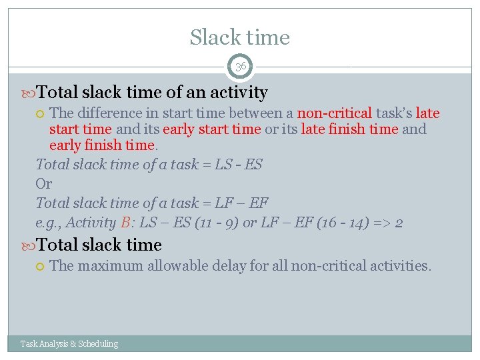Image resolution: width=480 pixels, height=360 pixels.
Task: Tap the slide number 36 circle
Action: pos(240,67)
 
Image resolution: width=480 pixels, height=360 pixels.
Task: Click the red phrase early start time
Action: pos(212,129)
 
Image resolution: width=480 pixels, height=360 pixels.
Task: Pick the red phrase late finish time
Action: pos(349,129)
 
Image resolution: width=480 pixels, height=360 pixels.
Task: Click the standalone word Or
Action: pos(43,183)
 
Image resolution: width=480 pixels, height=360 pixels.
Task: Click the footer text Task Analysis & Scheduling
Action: pos(69,344)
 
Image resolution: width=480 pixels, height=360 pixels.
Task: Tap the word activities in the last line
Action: pos(401,266)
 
